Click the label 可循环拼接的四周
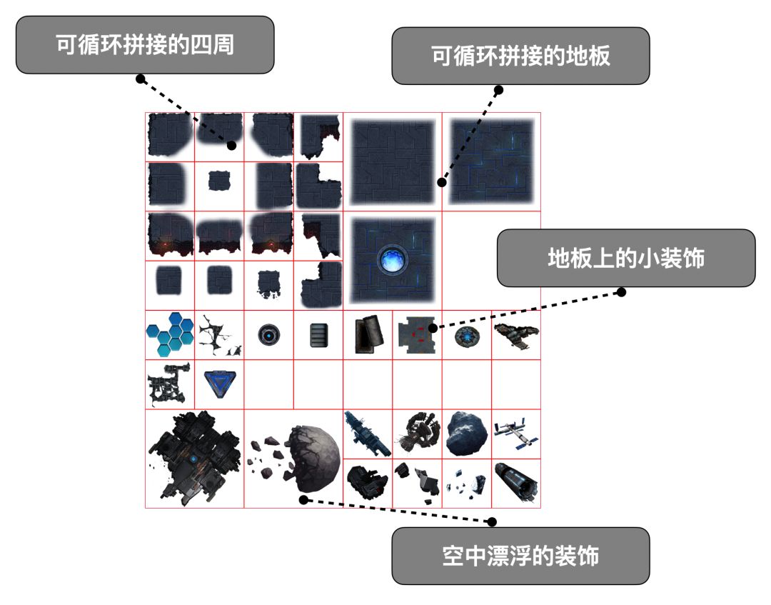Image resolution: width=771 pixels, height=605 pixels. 145,45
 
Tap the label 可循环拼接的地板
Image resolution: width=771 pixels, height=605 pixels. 520,56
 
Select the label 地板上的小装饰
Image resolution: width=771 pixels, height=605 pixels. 625,258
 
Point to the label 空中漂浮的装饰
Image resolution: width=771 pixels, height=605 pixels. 520,556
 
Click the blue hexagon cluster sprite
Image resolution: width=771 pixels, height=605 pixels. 169,336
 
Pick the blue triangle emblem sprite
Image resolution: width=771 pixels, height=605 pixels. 218,384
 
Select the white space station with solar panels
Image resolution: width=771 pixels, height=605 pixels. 515,434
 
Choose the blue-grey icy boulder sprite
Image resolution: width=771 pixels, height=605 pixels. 466,434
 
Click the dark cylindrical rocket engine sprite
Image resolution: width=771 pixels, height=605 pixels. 515,483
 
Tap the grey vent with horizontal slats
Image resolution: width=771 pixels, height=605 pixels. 318,335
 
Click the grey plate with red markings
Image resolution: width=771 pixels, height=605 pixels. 416,335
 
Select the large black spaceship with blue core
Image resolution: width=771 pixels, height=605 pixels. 193,458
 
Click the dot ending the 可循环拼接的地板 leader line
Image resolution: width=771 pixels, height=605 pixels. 443,183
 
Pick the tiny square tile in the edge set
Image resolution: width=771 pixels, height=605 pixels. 218,183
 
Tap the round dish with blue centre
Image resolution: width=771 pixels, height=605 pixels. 466,335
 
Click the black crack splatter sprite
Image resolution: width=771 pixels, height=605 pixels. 218,335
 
